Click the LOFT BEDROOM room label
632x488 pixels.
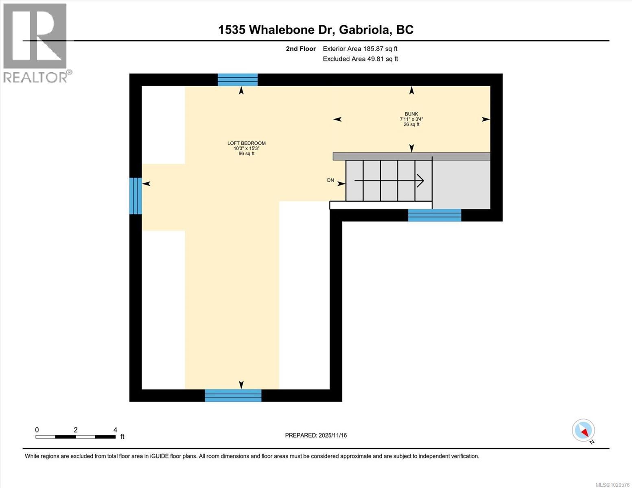(x=246, y=143)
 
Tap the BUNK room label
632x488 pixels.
(x=411, y=114)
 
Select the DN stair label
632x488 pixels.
(x=330, y=180)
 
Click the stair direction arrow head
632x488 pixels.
(x=420, y=180)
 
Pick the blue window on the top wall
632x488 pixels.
(x=238, y=80)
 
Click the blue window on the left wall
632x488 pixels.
(x=136, y=196)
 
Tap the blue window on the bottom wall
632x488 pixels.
(x=233, y=395)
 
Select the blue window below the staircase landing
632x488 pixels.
(x=434, y=215)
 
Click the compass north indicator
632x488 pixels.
(x=584, y=430)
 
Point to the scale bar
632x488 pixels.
(x=75, y=437)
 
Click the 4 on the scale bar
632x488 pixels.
(x=115, y=430)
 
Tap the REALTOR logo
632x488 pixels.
(x=36, y=43)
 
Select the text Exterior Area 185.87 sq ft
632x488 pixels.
(x=360, y=49)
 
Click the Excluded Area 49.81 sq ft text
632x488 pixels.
(x=360, y=59)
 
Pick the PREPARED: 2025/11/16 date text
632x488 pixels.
(x=316, y=435)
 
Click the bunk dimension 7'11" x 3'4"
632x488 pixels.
(x=411, y=119)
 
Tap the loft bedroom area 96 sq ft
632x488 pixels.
(x=246, y=153)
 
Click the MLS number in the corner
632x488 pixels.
(x=613, y=484)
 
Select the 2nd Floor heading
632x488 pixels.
(x=301, y=49)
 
